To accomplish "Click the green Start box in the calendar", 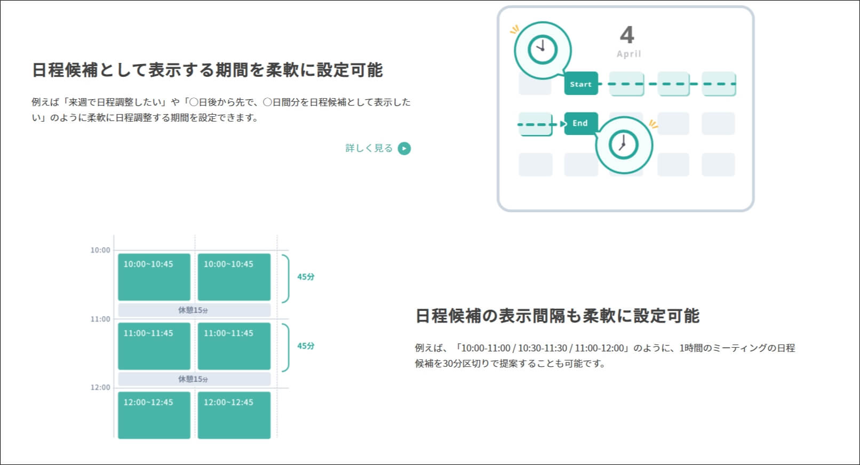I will (x=581, y=84).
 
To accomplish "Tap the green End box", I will (x=580, y=123).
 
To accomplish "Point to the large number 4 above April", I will (x=627, y=35).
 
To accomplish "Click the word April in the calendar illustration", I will (x=628, y=54).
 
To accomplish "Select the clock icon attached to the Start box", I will (x=542, y=50).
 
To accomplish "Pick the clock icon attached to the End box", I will (x=623, y=144).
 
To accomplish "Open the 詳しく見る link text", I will (x=369, y=148).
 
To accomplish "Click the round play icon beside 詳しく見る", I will (x=404, y=148).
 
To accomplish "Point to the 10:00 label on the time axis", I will (x=100, y=250).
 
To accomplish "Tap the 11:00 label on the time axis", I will (x=100, y=319).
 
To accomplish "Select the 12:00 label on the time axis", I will (x=100, y=388).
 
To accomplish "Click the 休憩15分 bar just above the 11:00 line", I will (x=194, y=310).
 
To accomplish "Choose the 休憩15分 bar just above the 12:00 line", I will (x=194, y=379).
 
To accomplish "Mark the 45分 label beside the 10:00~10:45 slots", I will (x=306, y=277).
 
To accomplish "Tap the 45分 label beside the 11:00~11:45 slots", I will (x=306, y=346).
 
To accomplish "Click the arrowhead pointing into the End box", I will (x=562, y=124).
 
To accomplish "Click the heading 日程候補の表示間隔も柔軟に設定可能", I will (x=557, y=316).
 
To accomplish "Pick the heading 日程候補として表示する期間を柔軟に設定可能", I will (x=207, y=70).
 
